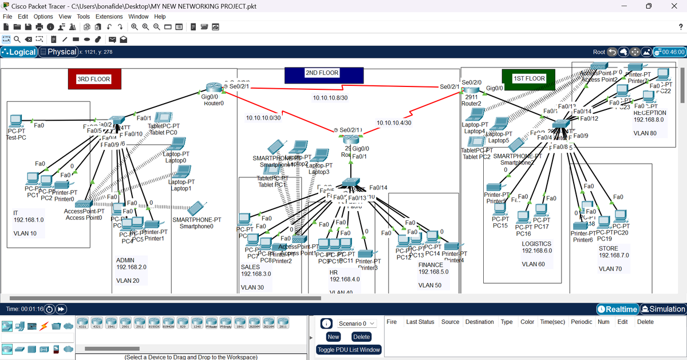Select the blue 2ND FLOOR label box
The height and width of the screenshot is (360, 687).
[322, 73]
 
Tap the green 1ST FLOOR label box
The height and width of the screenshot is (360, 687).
[528, 78]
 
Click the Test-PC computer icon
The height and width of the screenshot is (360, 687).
[15, 122]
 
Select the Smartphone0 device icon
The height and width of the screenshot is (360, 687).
[197, 208]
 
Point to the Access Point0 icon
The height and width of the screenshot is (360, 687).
[83, 204]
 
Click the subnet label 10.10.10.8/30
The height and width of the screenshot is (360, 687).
[330, 98]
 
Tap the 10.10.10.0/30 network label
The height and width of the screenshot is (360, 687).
[263, 118]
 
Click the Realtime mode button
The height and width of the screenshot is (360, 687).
[618, 309]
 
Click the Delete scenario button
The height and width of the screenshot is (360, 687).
[361, 337]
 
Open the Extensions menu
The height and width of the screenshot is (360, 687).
[109, 17]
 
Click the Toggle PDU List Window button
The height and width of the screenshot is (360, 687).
[349, 350]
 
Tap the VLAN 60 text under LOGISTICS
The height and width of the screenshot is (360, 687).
[533, 264]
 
